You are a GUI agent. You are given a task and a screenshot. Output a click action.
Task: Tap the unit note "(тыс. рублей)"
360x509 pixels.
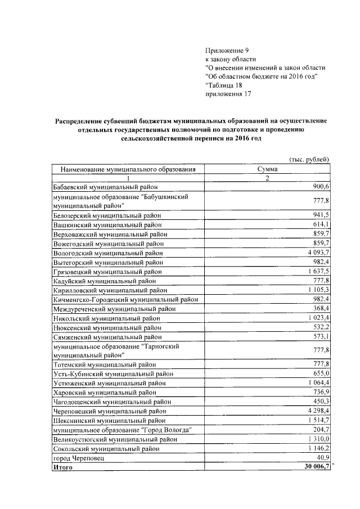(x=308, y=159)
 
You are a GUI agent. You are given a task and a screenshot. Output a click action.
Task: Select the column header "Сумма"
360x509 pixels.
(x=267, y=168)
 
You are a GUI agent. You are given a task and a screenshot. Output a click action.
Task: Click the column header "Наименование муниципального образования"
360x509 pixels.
(x=124, y=168)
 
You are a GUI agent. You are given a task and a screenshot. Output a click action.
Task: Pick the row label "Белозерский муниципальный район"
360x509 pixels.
(x=107, y=215)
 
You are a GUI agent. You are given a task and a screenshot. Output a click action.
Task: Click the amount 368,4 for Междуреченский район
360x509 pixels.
(x=320, y=309)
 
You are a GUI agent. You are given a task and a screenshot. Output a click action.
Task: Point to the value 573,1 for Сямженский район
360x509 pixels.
(x=320, y=336)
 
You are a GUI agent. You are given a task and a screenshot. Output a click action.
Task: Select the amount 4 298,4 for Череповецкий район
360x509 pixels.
(x=317, y=411)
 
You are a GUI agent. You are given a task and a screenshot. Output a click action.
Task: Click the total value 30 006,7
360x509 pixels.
(x=315, y=467)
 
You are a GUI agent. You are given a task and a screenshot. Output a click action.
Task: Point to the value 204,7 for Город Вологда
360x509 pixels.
(x=320, y=430)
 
